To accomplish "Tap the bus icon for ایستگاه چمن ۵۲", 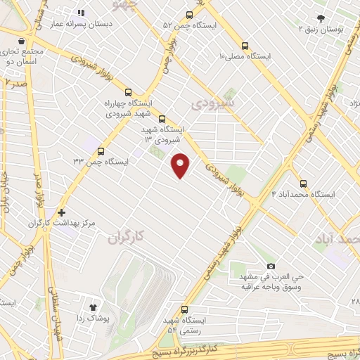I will [x=188, y=15].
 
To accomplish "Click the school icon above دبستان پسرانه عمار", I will [x=81, y=13].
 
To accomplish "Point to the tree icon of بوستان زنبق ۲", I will [x=321, y=18].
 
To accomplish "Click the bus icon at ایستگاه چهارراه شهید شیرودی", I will [x=129, y=91].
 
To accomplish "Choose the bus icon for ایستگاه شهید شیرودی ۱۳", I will [x=162, y=119].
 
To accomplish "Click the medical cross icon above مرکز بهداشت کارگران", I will [x=62, y=212].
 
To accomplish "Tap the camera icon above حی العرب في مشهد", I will [x=271, y=266].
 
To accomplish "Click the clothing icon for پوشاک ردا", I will [x=93, y=307].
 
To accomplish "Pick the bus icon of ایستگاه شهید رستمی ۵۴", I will [x=185, y=309].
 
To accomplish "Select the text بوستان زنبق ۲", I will [x=322, y=30].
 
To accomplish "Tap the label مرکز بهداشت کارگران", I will [x=62, y=223].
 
